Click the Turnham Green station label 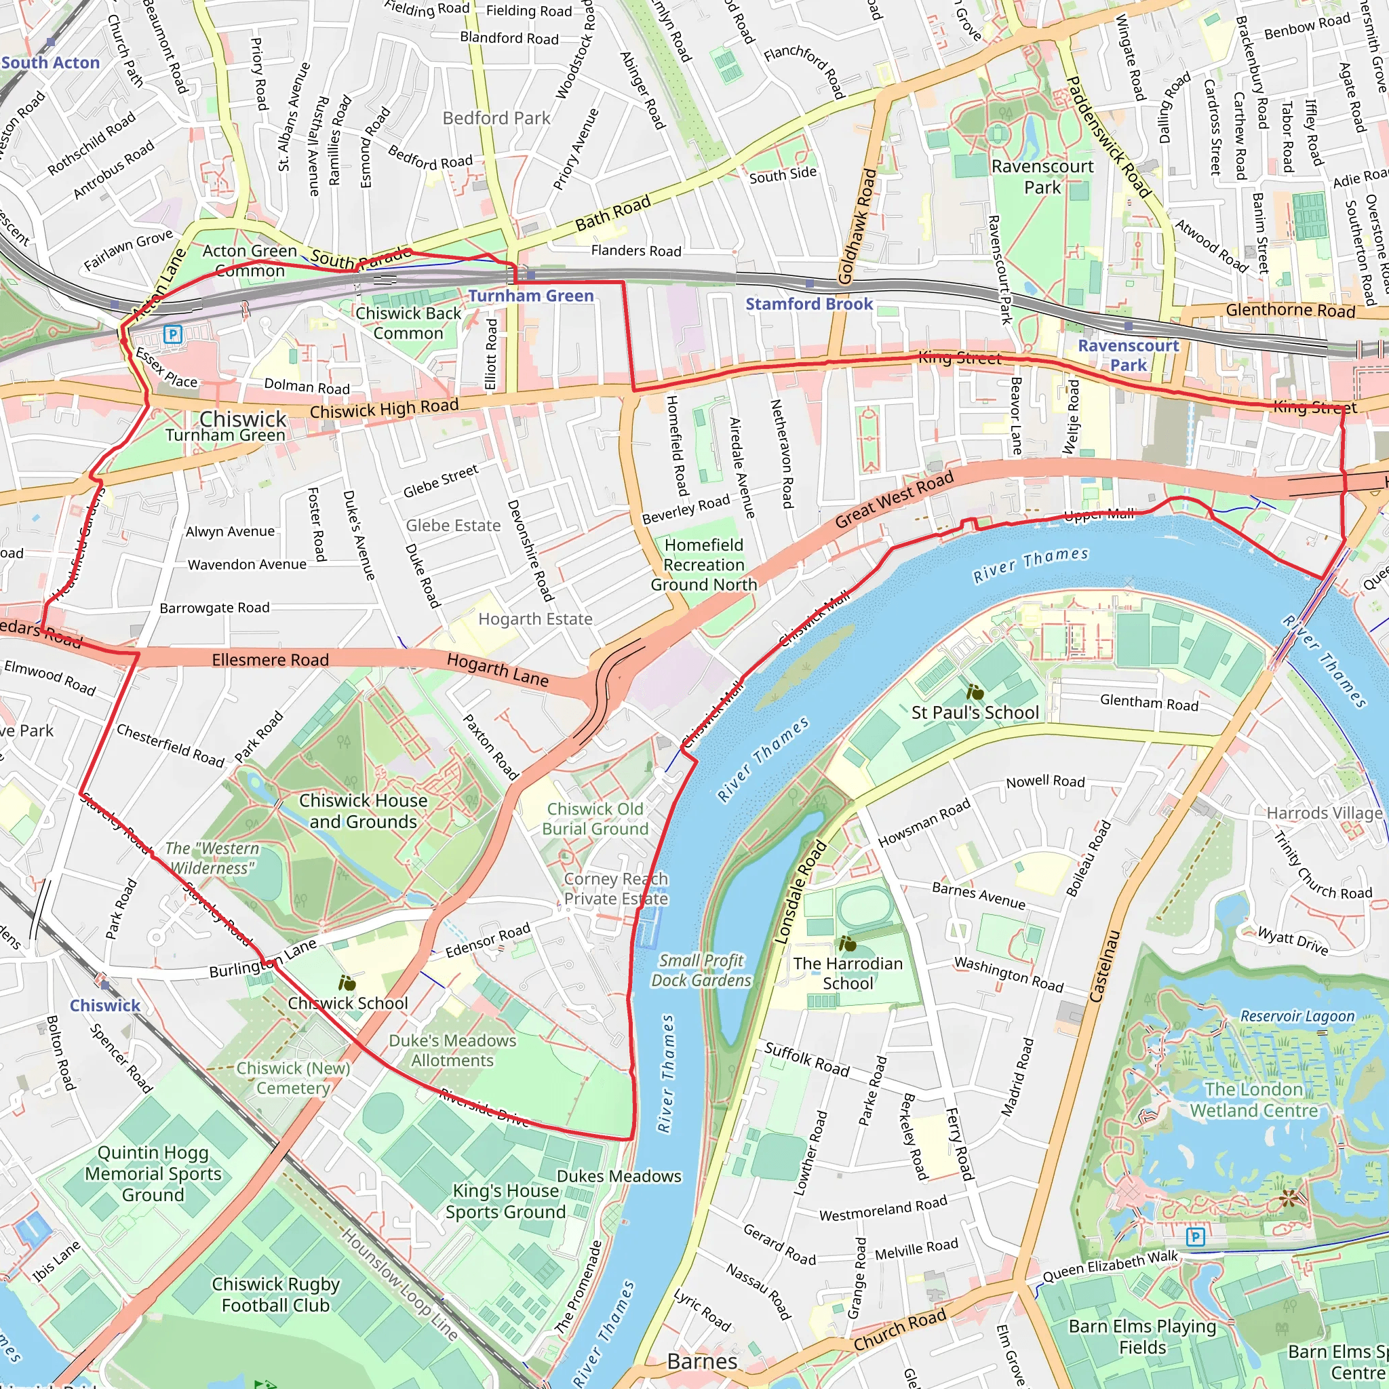[530, 296]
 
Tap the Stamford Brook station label [809, 304]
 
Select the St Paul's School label [975, 713]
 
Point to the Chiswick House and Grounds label [363, 811]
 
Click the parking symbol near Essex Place [172, 334]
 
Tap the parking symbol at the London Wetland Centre [1195, 1236]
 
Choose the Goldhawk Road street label [858, 226]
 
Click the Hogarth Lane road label [498, 669]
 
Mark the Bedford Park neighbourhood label [496, 118]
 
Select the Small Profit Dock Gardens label [701, 971]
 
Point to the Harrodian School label [848, 973]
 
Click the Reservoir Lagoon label [1297, 1016]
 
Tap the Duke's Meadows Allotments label [452, 1051]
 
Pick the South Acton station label [50, 62]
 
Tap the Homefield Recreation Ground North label [704, 565]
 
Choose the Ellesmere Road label [271, 659]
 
